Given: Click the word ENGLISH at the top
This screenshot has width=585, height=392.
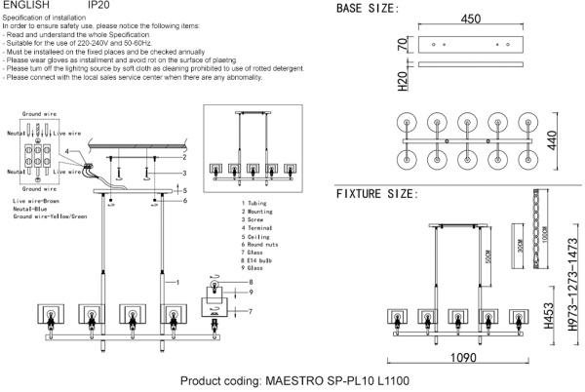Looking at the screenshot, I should pyautogui.click(x=21, y=6).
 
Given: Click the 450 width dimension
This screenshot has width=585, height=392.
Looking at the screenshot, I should pyautogui.click(x=471, y=20).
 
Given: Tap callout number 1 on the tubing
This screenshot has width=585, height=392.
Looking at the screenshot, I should pyautogui.click(x=178, y=282).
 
